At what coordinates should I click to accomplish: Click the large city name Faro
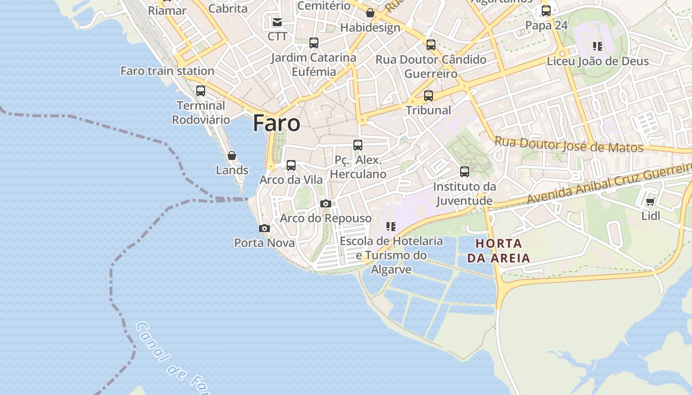[276, 123]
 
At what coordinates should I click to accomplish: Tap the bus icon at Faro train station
[200, 91]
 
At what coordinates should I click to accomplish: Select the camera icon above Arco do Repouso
[325, 203]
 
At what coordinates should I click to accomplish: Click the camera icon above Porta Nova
[264, 228]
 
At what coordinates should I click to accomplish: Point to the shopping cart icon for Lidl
[650, 201]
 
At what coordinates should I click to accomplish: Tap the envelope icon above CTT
[277, 22]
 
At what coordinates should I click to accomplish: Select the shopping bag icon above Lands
[232, 156]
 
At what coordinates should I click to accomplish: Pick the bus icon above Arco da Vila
[291, 165]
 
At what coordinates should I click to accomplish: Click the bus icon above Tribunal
[429, 96]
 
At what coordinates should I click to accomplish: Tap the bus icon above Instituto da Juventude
[465, 172]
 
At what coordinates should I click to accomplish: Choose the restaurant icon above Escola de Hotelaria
[391, 227]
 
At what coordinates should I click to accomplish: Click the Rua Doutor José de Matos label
[569, 145]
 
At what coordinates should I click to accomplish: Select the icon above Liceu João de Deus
[598, 46]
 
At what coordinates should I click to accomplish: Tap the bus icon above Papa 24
[546, 11]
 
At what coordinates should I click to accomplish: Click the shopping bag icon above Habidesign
[370, 13]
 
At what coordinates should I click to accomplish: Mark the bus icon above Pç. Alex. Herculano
[358, 145]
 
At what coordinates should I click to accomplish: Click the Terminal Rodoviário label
[201, 113]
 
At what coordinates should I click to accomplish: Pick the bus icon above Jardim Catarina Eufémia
[314, 43]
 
